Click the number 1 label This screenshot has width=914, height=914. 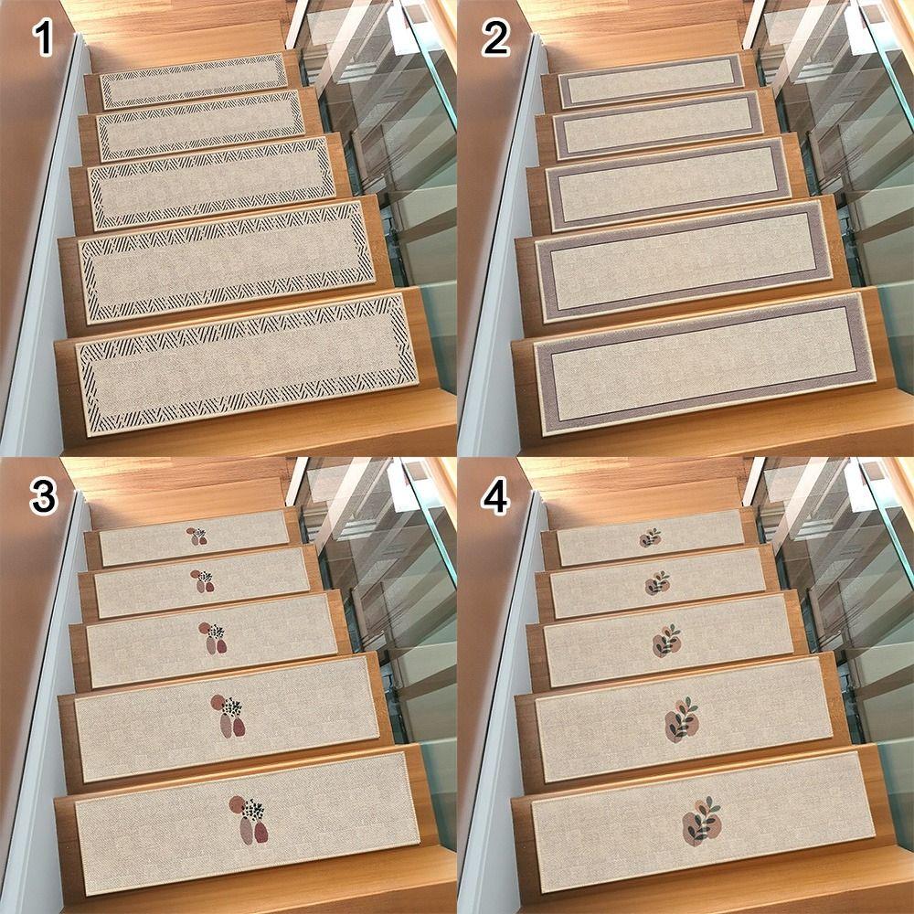(x=43, y=39)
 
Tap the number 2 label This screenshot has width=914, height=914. (x=496, y=39)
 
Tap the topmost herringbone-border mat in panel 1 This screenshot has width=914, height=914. (x=194, y=81)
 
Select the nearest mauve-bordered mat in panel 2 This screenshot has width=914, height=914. (x=702, y=364)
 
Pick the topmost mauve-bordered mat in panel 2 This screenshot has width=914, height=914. (x=651, y=80)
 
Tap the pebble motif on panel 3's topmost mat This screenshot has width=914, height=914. (x=197, y=537)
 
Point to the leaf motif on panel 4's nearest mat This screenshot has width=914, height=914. (x=702, y=819)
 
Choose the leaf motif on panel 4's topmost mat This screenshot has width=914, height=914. (x=650, y=537)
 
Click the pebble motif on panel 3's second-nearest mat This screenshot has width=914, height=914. (x=228, y=715)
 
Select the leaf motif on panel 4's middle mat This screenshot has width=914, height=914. (x=666, y=641)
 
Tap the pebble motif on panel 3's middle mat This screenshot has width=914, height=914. (x=214, y=637)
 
